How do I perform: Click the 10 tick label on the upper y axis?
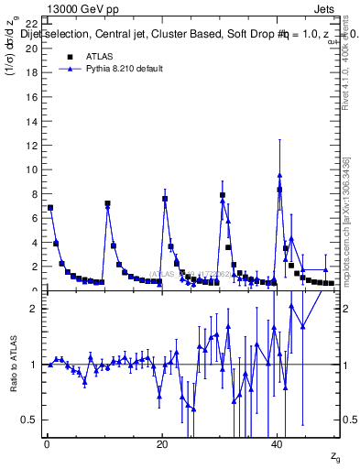pos(32,169)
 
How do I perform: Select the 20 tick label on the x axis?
pos(162,444)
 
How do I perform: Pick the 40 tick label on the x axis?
pos(277,444)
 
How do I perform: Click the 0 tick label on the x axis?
pos(47,444)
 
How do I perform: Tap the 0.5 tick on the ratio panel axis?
pos(30,420)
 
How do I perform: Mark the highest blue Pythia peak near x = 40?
pos(279,175)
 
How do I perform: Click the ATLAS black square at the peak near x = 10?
pos(107,203)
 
